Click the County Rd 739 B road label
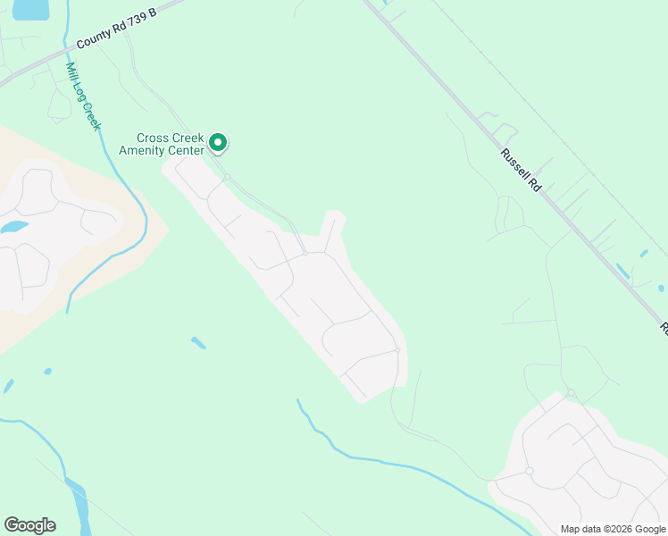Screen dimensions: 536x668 tap(116, 29)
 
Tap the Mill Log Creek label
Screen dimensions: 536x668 tap(83, 96)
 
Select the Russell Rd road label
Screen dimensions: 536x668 tap(522, 171)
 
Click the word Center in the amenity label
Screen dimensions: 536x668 tap(187, 150)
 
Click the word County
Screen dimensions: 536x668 tap(93, 39)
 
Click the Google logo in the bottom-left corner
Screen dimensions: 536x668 tap(29, 525)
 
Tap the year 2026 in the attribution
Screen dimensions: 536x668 tap(617, 529)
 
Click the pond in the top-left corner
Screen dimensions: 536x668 tap(29, 9)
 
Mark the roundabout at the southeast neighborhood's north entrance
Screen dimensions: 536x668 tap(571, 393)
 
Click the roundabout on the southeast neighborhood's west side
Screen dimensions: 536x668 tap(529, 471)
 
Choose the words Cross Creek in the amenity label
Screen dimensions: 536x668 tap(169, 138)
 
